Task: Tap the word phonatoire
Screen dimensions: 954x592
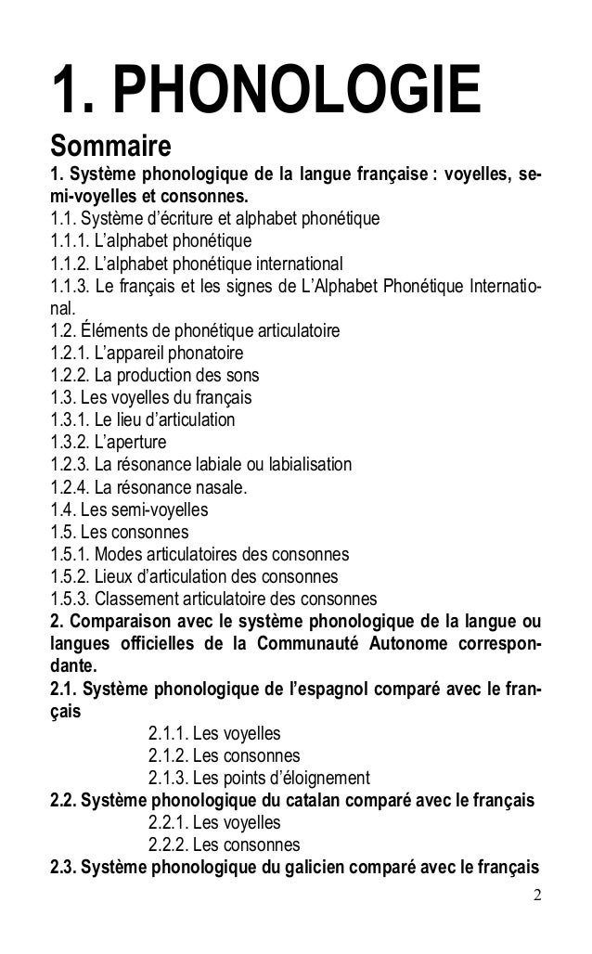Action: [x=199, y=354]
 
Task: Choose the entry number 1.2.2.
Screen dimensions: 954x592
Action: [x=77, y=376]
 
